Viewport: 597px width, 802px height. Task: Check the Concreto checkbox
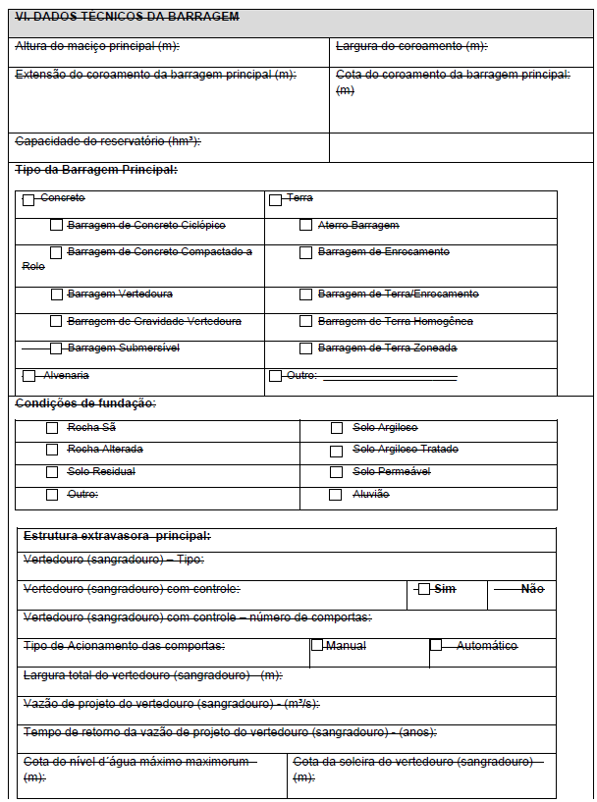tap(28, 199)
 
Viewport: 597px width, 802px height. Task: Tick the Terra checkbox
tap(275, 199)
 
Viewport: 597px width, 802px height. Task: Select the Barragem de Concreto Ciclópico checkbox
tap(57, 226)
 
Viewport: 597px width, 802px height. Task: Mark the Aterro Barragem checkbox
tap(306, 226)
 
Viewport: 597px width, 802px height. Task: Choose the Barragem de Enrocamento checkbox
tap(306, 253)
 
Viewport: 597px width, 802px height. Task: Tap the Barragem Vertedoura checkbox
tap(57, 294)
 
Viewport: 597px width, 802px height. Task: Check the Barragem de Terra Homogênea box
tap(306, 322)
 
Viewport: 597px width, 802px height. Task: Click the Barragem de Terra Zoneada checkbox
tap(306, 348)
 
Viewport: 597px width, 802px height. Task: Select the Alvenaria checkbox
tap(28, 376)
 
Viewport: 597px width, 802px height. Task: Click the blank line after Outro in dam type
tap(389, 377)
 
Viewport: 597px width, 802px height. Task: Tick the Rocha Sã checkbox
tap(52, 428)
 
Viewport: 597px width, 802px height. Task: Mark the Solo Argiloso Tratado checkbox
tap(336, 450)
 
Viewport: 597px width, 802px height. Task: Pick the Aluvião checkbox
tap(336, 495)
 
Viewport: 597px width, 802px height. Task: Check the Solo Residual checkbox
tap(52, 472)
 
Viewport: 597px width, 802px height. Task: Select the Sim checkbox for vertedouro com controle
tap(424, 589)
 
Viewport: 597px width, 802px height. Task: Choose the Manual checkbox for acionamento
tap(317, 646)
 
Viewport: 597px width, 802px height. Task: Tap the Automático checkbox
tap(436, 646)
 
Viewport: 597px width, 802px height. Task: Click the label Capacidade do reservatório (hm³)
tap(108, 141)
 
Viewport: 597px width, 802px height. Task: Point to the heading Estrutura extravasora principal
tap(117, 536)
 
